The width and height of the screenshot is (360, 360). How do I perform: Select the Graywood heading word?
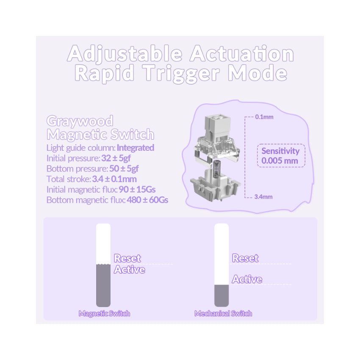pyautogui.click(x=80, y=121)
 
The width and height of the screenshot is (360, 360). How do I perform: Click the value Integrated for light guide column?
pyautogui.click(x=136, y=148)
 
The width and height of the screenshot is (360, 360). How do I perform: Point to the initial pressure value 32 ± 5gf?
pyautogui.click(x=116, y=158)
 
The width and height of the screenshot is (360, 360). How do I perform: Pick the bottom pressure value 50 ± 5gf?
pyautogui.click(x=124, y=169)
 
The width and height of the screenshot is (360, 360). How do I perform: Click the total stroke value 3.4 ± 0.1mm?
pyautogui.click(x=114, y=179)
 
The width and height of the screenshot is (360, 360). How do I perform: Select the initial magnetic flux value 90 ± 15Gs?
pyautogui.click(x=137, y=190)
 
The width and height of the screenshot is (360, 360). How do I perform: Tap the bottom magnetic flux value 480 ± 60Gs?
pyautogui.click(x=147, y=200)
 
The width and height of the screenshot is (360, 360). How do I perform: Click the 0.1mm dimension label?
pyautogui.click(x=264, y=117)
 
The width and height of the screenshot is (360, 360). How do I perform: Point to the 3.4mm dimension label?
pyautogui.click(x=263, y=197)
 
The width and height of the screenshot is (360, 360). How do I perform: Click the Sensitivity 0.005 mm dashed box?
pyautogui.click(x=281, y=156)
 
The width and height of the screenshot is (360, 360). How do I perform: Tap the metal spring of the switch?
pyautogui.click(x=217, y=169)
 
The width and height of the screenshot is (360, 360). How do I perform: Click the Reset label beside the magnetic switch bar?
pyautogui.click(x=127, y=258)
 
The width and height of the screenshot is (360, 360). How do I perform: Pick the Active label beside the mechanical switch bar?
pyautogui.click(x=247, y=279)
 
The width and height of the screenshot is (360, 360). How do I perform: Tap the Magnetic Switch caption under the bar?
pyautogui.click(x=104, y=313)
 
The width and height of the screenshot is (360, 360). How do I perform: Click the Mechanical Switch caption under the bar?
pyautogui.click(x=223, y=313)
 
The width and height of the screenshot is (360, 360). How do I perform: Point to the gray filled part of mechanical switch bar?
pyautogui.click(x=222, y=296)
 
